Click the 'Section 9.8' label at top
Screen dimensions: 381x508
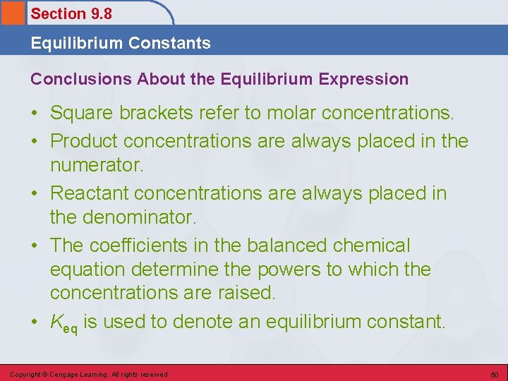point(71,13)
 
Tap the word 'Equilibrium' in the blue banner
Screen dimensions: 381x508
point(75,43)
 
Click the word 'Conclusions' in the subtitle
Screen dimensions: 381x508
point(77,79)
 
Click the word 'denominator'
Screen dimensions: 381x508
point(139,217)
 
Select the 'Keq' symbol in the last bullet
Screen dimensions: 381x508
point(64,323)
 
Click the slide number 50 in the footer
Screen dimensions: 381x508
point(495,374)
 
